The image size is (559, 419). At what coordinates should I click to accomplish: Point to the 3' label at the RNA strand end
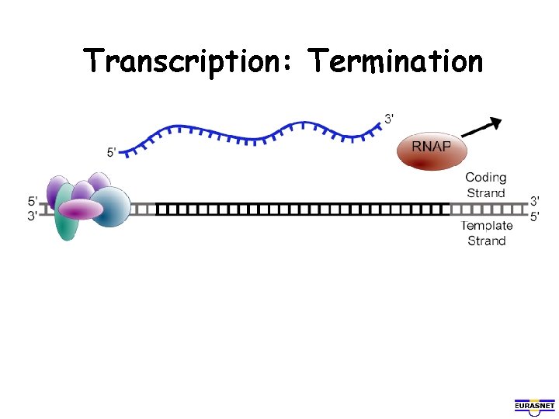point(389,119)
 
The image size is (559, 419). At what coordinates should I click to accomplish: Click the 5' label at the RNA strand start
point(113,153)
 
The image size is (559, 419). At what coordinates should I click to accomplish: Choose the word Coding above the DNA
point(486,178)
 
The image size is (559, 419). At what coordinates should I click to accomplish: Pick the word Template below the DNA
point(487,226)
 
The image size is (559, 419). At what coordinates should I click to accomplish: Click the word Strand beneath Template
point(487,241)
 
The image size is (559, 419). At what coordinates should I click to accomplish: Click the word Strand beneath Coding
point(486,192)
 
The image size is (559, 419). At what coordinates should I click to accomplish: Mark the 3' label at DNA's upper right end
point(534,201)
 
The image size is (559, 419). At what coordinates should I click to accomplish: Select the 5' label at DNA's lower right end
point(534,216)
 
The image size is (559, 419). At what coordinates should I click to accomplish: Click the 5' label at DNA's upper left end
point(33,201)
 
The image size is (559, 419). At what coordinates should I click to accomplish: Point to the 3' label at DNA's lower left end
point(33,216)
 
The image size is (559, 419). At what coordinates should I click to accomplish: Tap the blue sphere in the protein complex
point(113,206)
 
